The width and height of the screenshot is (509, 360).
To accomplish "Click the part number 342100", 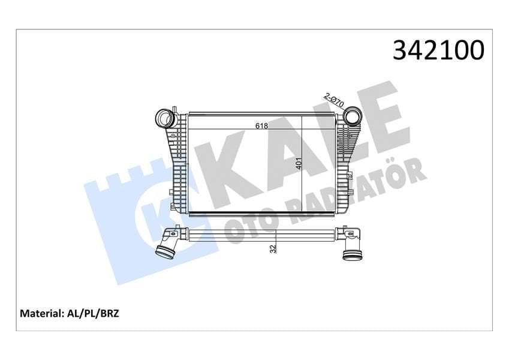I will tap(438, 51).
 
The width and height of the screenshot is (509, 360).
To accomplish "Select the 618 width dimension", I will tap(261, 126).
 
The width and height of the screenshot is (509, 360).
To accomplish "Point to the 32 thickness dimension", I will tap(273, 247).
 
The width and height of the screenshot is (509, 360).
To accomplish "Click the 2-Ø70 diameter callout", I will tap(333, 99).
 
